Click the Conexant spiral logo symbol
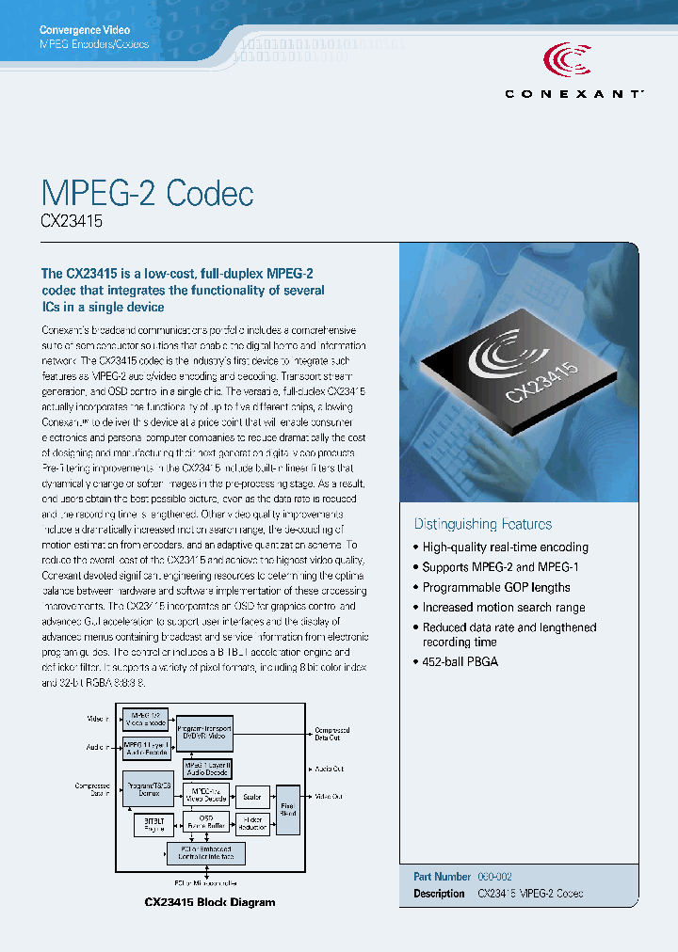pos(567,61)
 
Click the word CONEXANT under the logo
pos(574,93)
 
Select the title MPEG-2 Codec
pos(148,193)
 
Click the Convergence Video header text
pos(84,30)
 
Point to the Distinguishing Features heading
pos(483,524)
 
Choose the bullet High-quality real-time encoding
pos(505,547)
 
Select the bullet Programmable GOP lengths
pos(496,587)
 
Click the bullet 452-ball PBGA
pos(460,661)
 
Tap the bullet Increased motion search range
pos(504,608)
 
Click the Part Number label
pos(442,876)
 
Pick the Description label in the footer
pos(439,893)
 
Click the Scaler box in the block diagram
pos(251,797)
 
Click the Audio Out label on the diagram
pos(329,769)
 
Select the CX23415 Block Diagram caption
pos(210,902)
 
